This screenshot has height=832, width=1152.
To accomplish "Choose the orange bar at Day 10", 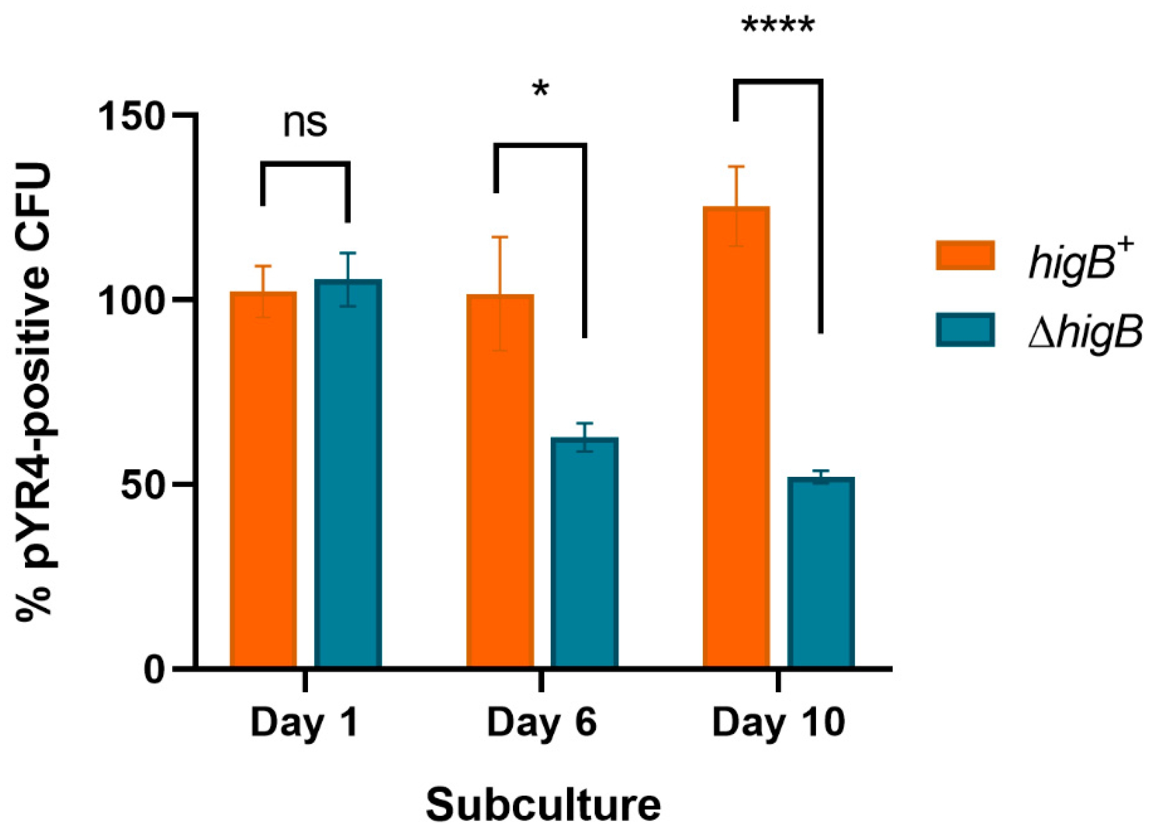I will (x=736, y=436).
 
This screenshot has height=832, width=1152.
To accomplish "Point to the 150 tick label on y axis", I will (x=130, y=117).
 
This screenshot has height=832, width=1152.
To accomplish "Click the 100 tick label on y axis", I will (x=130, y=301).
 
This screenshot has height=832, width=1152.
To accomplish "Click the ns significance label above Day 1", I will (x=305, y=124).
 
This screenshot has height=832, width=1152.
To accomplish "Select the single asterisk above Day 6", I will (x=540, y=90).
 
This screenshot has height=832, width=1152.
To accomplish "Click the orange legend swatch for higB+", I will (x=965, y=255).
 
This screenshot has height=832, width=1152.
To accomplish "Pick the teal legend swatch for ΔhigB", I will (x=965, y=330).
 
